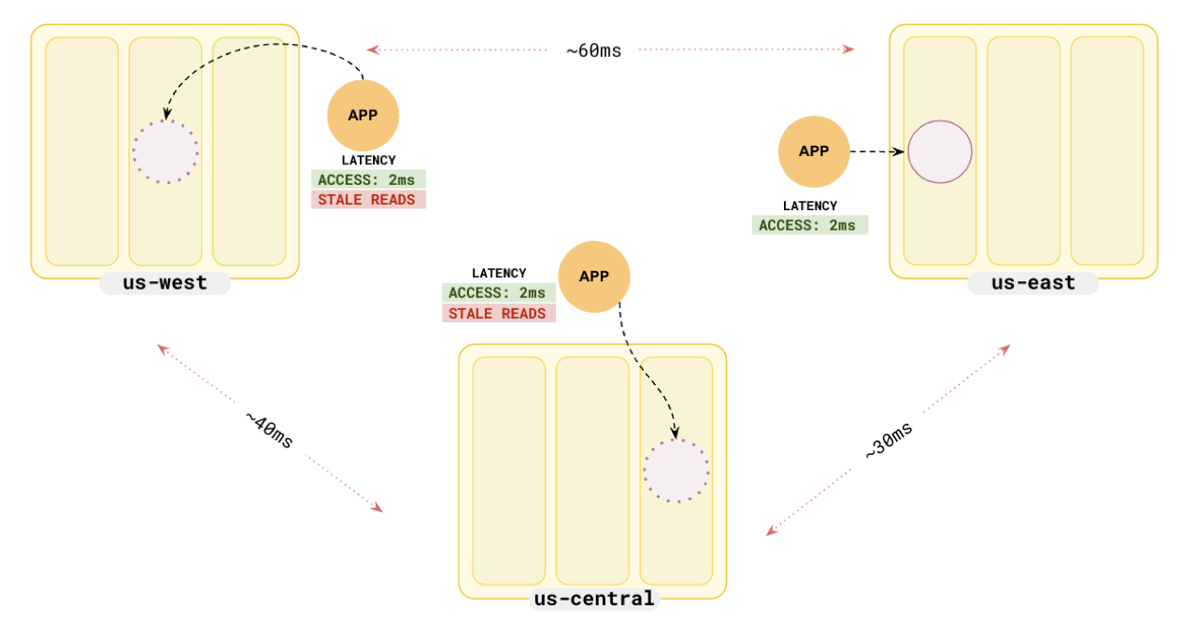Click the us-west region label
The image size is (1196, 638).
[164, 282]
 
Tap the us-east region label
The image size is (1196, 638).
[1032, 282]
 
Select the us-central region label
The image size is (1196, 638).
[593, 599]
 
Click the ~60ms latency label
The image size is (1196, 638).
[593, 50]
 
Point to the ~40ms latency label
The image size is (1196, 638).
[269, 430]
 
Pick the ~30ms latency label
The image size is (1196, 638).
[889, 439]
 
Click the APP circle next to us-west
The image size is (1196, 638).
[363, 116]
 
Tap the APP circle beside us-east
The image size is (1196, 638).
[814, 150]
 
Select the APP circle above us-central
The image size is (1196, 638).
[594, 276]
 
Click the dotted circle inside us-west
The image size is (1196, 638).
[165, 151]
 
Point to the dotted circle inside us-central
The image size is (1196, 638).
[676, 471]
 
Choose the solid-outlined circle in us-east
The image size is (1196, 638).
[940, 151]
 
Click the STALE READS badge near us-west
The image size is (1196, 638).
[367, 200]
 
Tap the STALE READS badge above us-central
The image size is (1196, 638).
[498, 314]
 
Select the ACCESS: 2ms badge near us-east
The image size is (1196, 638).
[809, 225]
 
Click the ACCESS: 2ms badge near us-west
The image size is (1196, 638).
[367, 179]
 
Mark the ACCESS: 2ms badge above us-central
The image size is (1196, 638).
[498, 293]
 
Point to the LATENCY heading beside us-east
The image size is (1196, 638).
[809, 206]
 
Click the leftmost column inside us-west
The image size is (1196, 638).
[82, 151]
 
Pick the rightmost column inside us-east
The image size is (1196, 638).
[1106, 151]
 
